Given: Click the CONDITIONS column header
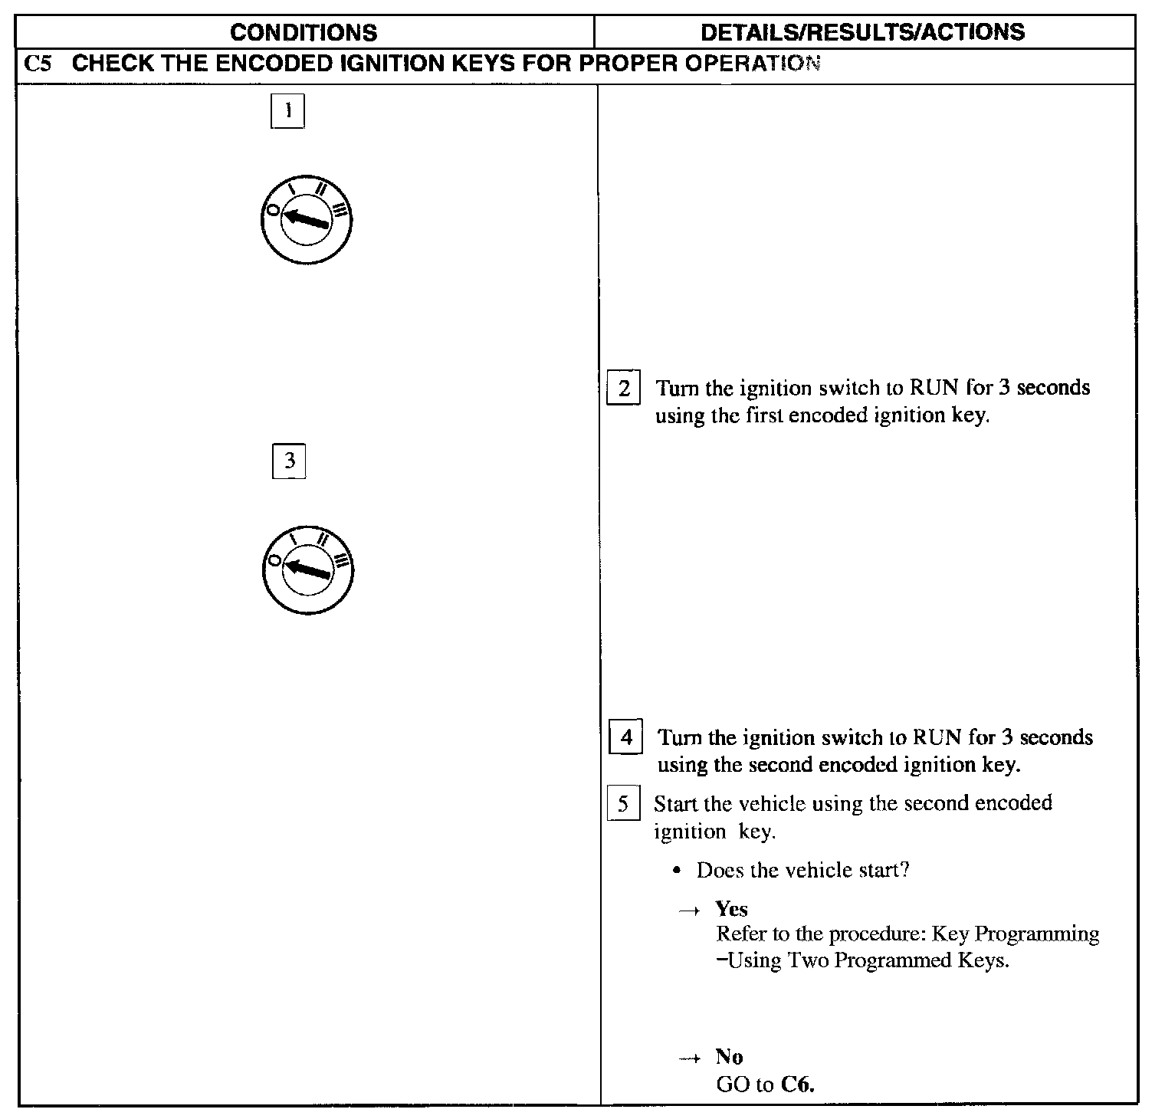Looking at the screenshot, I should (304, 32).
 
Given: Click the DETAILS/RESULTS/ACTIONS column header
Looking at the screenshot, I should (862, 31).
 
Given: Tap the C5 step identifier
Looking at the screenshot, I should (38, 64).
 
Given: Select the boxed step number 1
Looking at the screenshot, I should (288, 111).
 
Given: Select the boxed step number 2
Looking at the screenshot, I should (624, 389).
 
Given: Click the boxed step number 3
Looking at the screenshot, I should (289, 461).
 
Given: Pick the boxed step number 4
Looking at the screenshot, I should (626, 738).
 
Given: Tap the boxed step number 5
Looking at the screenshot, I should (623, 804).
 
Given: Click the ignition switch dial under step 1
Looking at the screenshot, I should (307, 219).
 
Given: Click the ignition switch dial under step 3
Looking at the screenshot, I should (307, 569).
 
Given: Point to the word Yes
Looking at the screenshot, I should (731, 909).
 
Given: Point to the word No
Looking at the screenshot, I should (729, 1057).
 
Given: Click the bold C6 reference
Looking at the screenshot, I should (798, 1085).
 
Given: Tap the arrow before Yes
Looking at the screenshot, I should (690, 911).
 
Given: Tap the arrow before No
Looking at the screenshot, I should (690, 1058).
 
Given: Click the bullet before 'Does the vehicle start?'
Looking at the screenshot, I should (676, 871).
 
